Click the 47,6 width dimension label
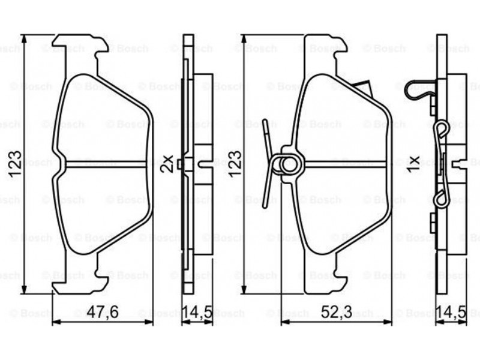(x=103, y=312)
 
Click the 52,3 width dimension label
(x=337, y=312)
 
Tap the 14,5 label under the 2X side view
(x=197, y=312)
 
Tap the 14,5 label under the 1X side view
(x=452, y=312)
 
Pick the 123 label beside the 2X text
(x=235, y=164)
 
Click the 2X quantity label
(x=168, y=164)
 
